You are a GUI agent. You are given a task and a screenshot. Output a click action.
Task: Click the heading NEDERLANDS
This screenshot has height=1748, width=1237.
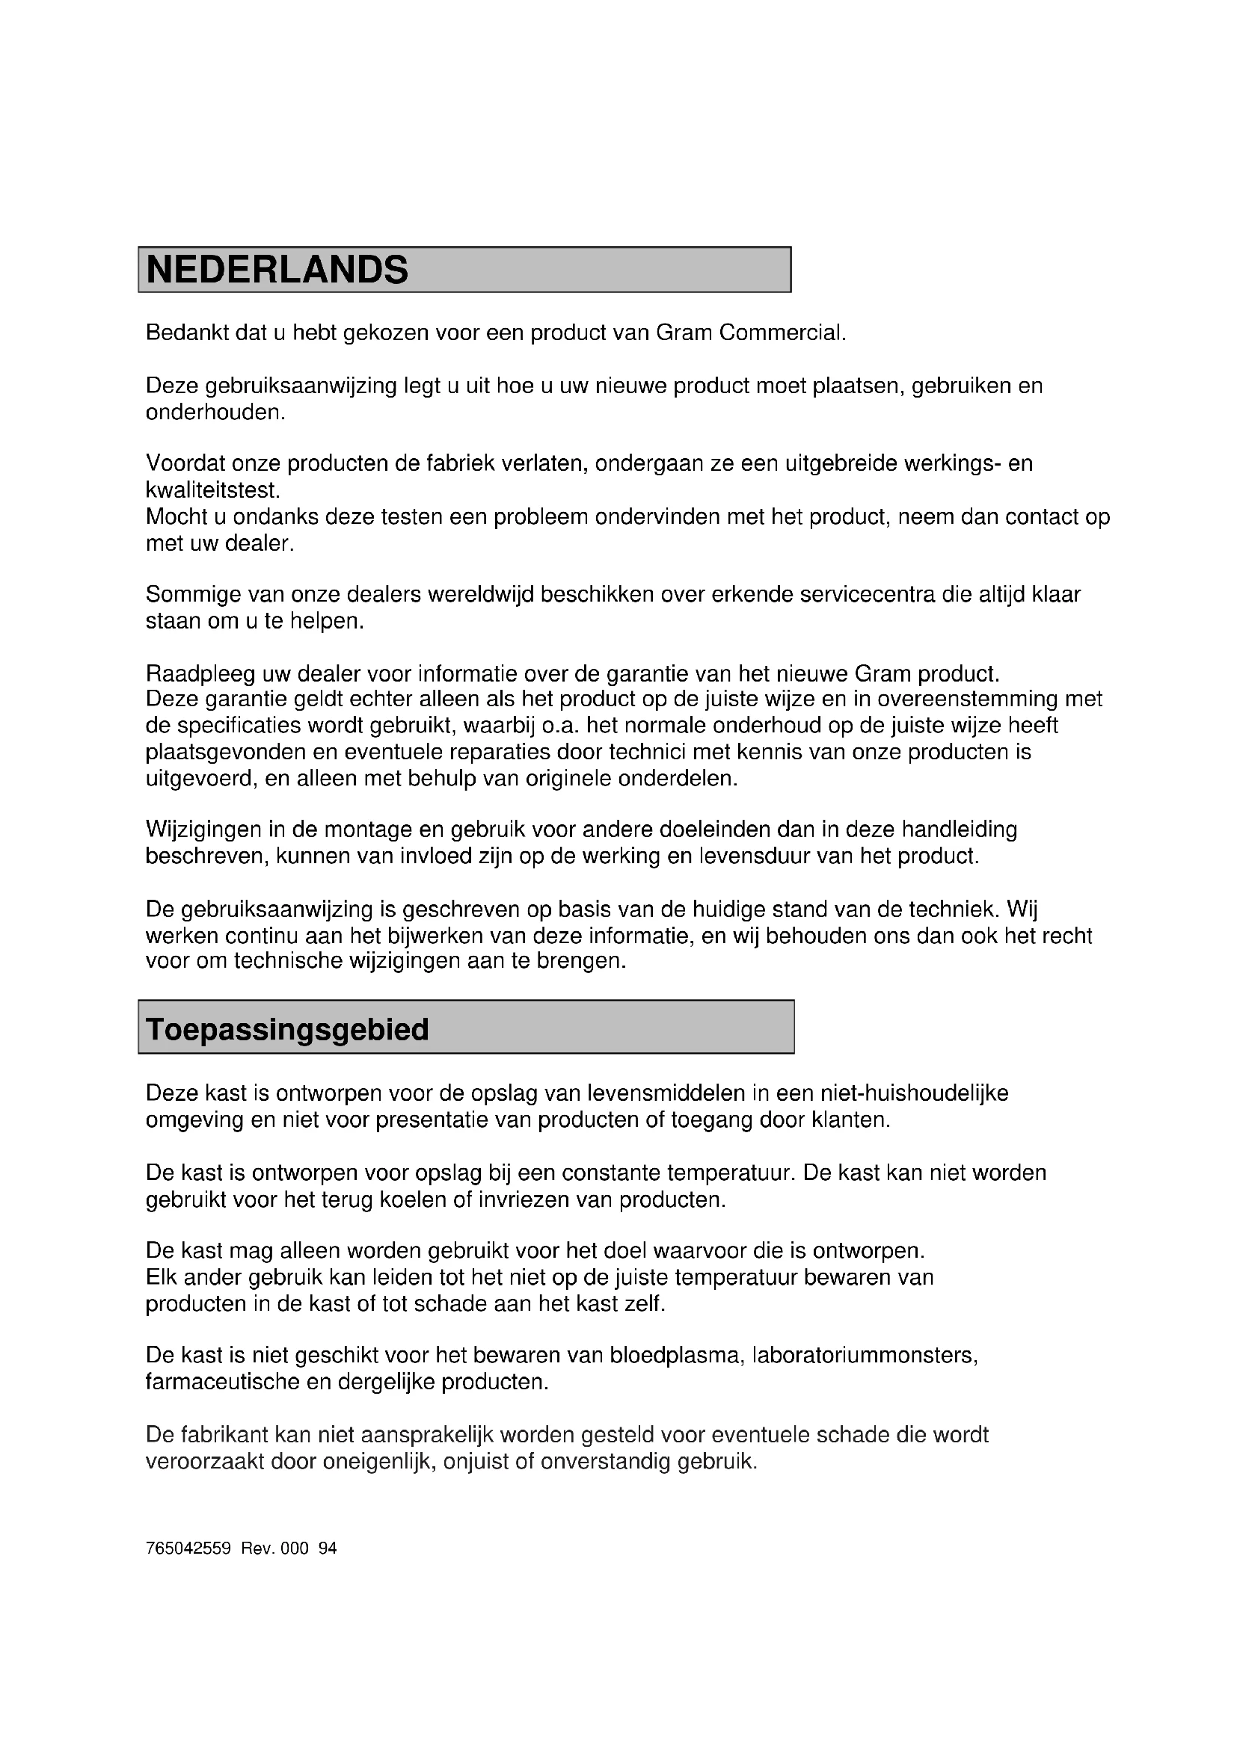277,271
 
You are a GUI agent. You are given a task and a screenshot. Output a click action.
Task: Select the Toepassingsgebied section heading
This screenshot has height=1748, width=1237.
287,1029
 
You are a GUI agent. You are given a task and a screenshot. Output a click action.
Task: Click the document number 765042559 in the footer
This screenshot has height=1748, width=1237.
188,1548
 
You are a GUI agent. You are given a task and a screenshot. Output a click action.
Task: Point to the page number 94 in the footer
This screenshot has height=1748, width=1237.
328,1548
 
